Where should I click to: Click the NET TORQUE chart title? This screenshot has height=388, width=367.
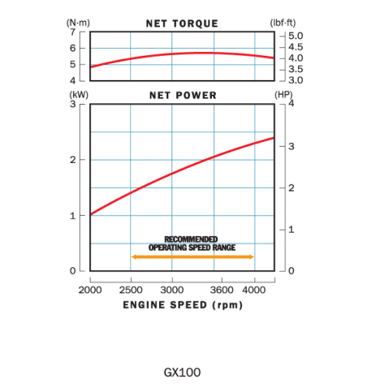182,24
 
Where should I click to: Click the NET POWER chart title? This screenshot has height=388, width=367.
182,95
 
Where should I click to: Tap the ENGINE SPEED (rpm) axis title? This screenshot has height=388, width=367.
182,304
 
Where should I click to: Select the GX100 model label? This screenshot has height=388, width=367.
182,372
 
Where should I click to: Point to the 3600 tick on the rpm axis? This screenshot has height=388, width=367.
222,289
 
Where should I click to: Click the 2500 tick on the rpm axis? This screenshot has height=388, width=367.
131,289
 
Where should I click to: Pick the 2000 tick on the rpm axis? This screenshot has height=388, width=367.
91,289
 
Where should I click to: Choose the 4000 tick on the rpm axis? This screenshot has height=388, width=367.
254,289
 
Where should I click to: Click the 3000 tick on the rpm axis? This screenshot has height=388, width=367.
172,289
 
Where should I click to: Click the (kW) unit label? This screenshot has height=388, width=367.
80,95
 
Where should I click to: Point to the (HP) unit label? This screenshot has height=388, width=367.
284,95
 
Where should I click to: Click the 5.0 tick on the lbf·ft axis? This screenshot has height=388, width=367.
296,36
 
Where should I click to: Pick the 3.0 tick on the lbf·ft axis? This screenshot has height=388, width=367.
296,80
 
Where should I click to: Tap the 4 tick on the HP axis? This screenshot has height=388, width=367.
292,104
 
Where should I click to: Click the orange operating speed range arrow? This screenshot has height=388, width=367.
192,256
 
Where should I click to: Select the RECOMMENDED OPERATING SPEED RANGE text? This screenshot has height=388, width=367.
192,243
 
